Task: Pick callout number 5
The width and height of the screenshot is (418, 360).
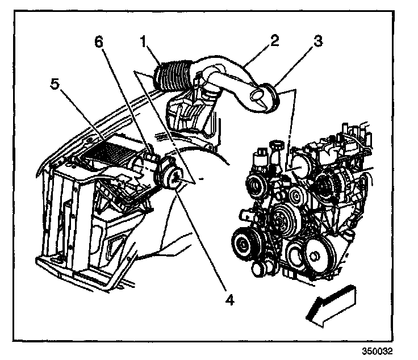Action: [55, 84]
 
